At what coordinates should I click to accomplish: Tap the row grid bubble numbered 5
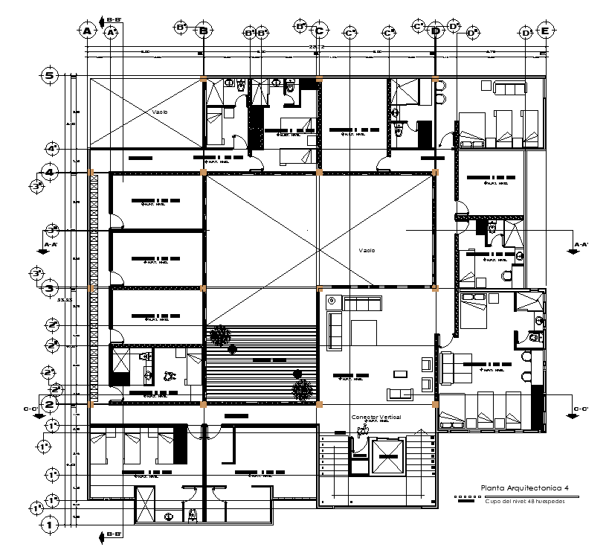[50, 75]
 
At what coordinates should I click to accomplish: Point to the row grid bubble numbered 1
[50, 525]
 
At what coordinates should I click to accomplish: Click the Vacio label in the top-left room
[160, 112]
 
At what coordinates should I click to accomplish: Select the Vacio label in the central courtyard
[367, 250]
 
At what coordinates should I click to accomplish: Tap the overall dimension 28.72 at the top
[317, 47]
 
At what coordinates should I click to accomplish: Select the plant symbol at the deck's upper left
[219, 335]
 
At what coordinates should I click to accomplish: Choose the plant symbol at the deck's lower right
[302, 389]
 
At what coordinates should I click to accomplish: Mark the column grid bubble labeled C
[319, 31]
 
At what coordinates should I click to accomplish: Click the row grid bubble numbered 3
[50, 288]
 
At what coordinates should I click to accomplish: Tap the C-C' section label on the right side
[580, 409]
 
